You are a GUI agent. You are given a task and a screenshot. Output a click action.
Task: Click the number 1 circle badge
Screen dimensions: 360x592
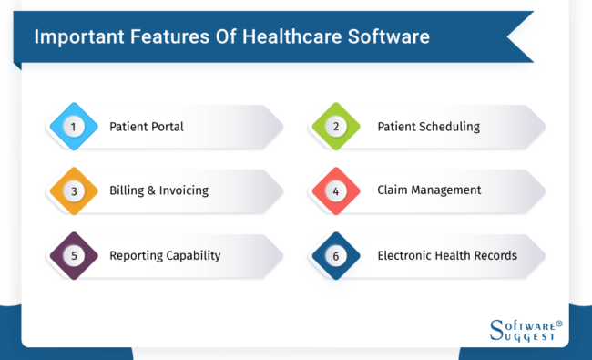click(72, 127)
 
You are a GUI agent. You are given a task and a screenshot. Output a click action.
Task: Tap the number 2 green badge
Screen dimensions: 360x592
click(335, 127)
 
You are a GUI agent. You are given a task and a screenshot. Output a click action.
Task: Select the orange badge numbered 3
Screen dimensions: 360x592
click(72, 190)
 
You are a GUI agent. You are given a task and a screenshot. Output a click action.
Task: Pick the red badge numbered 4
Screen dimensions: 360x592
click(335, 190)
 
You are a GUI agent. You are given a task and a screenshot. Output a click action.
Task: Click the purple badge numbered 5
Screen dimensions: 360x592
click(72, 255)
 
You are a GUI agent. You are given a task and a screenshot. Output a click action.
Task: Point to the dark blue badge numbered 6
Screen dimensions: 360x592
click(335, 255)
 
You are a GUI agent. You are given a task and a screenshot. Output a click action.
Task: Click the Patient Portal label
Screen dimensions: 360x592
click(146, 127)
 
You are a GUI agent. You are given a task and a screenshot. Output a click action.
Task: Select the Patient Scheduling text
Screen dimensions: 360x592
click(428, 127)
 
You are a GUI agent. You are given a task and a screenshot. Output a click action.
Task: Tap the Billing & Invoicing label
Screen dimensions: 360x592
click(158, 190)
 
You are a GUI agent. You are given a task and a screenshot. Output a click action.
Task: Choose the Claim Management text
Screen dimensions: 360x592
click(429, 190)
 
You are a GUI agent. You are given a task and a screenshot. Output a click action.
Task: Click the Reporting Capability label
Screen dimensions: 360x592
click(165, 255)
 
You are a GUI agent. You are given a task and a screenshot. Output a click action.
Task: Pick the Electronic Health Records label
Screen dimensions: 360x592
click(447, 255)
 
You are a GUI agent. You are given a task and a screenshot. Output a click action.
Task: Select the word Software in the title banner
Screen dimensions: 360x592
click(396, 37)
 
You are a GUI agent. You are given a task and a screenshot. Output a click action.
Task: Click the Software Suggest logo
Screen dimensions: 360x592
click(526, 330)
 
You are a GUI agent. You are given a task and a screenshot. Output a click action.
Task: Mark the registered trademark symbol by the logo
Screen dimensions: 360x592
click(559, 322)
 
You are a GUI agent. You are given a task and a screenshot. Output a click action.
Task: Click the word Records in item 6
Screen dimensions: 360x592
click(495, 255)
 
